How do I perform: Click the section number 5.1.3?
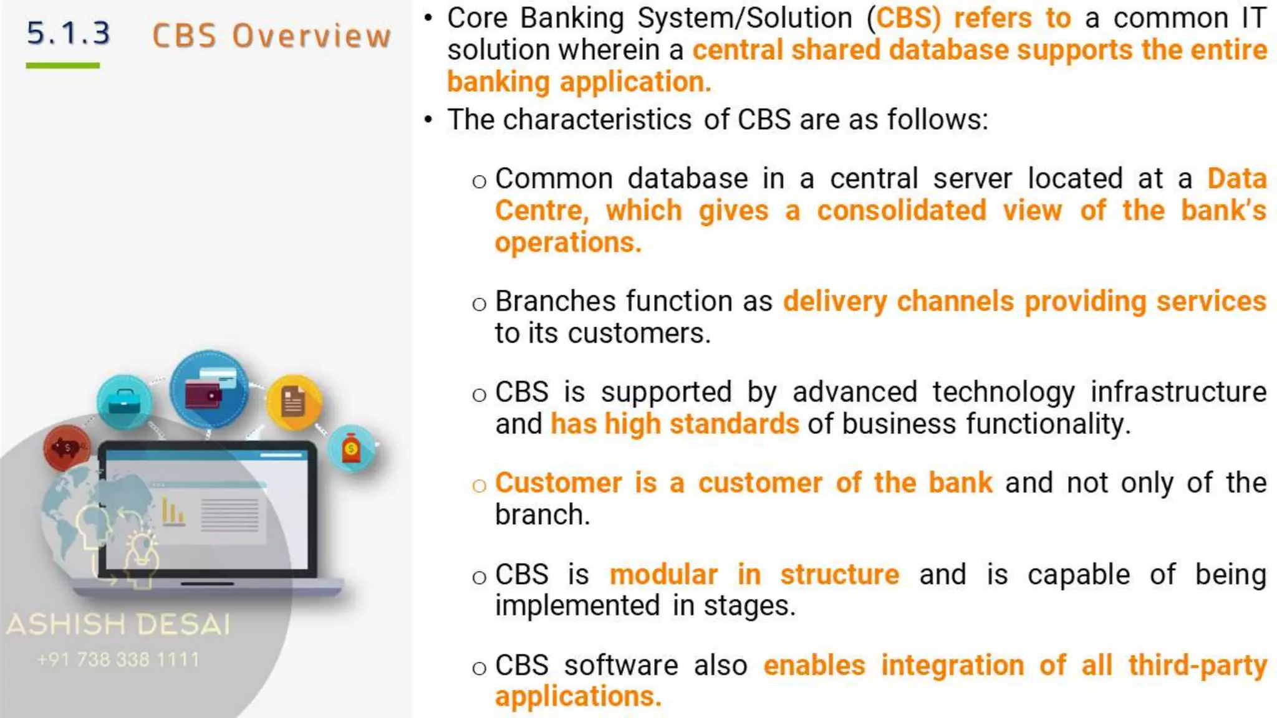(x=69, y=34)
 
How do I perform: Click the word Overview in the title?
(x=312, y=36)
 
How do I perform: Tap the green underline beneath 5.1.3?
(x=62, y=65)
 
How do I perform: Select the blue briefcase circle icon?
(x=124, y=403)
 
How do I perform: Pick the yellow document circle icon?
(x=294, y=402)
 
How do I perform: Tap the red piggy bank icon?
(x=66, y=448)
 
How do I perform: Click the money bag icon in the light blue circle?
(x=352, y=449)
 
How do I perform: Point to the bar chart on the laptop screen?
(x=173, y=512)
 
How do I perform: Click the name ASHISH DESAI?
(x=118, y=625)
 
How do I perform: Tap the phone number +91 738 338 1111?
(x=118, y=659)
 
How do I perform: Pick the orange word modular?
(x=663, y=575)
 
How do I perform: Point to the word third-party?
(x=1197, y=666)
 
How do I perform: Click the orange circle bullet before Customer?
(x=479, y=486)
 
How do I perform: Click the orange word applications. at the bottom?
(x=578, y=697)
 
